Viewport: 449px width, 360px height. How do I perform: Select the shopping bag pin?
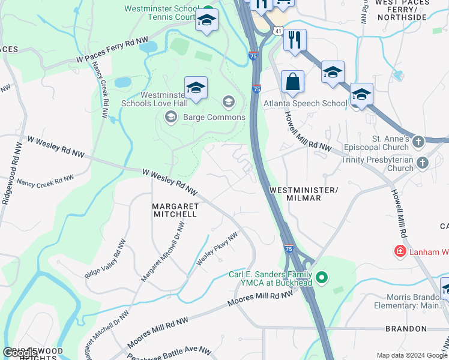292,83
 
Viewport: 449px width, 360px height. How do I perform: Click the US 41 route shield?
277,29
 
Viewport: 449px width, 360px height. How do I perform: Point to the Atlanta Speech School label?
306,103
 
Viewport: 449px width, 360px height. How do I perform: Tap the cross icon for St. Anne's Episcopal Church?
418,142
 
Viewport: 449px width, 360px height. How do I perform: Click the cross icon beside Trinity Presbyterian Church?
423,162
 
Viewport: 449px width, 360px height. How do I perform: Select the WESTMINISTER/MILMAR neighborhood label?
304,194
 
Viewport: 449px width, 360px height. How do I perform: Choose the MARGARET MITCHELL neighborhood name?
175,209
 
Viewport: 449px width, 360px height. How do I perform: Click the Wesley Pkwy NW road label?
217,250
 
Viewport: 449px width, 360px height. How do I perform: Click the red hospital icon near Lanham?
399,251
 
